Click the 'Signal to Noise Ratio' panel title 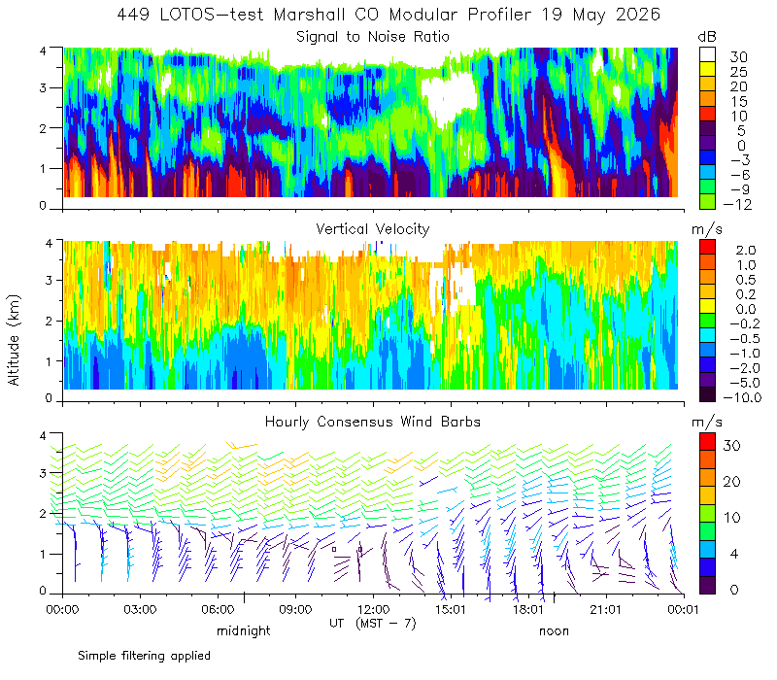coord(373,37)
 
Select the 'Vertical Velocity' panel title coord(373,229)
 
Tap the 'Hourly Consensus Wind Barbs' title coord(373,422)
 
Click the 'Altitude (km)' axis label coord(14,340)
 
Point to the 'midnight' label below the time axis coord(244,630)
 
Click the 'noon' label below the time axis coord(554,630)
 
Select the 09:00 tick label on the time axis coord(295,609)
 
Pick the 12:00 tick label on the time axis coord(373,609)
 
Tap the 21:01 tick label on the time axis coord(606,609)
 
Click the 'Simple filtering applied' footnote coord(144,657)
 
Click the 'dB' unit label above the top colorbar coord(707,37)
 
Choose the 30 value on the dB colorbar coord(738,57)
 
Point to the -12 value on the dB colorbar coord(738,204)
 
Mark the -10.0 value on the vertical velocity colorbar coord(742,397)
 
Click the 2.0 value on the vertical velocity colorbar coord(746,251)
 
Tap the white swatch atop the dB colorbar coord(708,54)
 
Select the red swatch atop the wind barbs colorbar coord(708,442)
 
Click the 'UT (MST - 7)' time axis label coord(373,624)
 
